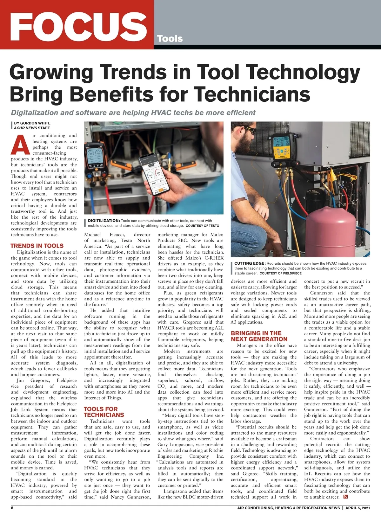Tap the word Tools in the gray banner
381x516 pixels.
click(x=170, y=39)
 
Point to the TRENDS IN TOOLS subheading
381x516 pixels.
click(x=37, y=246)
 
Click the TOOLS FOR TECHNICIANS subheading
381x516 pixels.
click(x=104, y=412)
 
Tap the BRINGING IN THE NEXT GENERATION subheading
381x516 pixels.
click(x=259, y=336)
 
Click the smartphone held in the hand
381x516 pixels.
click(x=154, y=174)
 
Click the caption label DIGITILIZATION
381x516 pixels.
click(x=104, y=221)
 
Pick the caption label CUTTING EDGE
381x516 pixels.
click(x=250, y=263)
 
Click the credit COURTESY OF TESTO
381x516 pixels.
click(x=202, y=226)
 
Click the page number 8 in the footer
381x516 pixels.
click(x=12, y=508)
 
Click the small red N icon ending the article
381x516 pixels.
click(x=346, y=497)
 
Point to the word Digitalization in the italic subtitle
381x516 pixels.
click(x=35, y=113)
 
